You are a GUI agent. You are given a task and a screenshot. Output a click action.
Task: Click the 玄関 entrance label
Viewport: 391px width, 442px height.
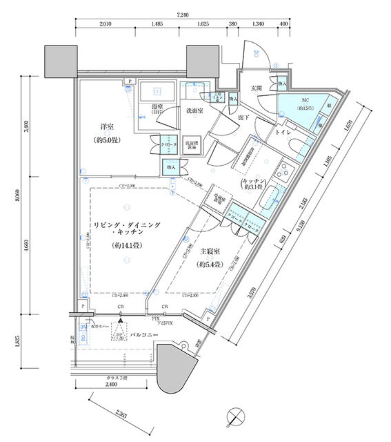(x=257, y=88)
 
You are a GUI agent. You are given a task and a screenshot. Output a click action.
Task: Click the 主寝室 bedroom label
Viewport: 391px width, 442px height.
(x=210, y=253)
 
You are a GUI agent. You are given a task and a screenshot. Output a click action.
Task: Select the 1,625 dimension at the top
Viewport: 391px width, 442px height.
(x=203, y=24)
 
